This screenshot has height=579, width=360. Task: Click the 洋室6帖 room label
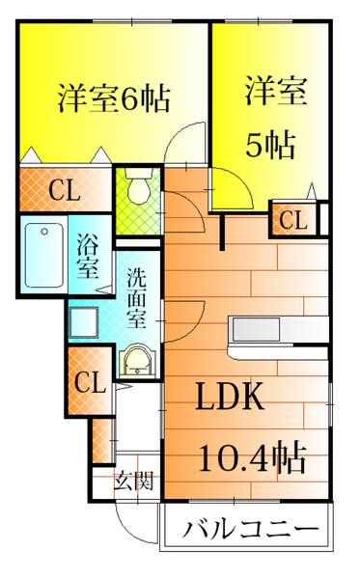114,99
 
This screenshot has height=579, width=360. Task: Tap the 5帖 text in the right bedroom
271,145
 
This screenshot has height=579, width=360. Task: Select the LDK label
230,397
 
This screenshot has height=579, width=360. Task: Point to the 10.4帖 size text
253,457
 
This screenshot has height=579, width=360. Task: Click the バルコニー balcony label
251,529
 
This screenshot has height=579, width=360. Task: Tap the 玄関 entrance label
133,481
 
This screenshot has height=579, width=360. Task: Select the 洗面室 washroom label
137,298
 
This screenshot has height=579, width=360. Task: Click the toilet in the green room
139,186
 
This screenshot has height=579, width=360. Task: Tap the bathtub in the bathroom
44,255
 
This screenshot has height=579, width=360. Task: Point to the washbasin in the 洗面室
137,362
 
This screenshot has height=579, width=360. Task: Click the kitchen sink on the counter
256,329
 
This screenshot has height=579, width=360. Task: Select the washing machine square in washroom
84,322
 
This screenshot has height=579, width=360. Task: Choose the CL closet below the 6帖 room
66,190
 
